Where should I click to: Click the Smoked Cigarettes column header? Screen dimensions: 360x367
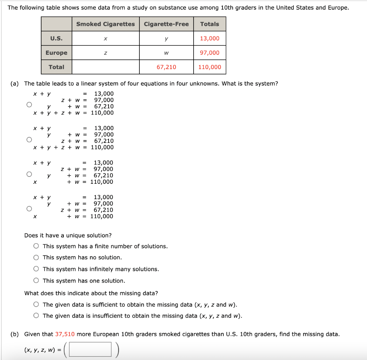pyautogui.click(x=105, y=24)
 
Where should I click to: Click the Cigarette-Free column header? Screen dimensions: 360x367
pyautogui.click(x=166, y=24)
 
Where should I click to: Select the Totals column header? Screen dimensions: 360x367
pyautogui.click(x=210, y=24)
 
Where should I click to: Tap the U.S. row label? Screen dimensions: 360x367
pyautogui.click(x=56, y=38)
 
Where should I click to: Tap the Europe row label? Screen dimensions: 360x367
pyautogui.click(x=56, y=53)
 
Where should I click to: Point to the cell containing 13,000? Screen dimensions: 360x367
pyautogui.click(x=210, y=38)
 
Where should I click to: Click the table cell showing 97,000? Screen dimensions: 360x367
pyautogui.click(x=210, y=53)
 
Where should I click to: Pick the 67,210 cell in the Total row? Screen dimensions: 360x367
pyautogui.click(x=166, y=67)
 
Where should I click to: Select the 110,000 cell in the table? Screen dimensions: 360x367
pyautogui.click(x=210, y=67)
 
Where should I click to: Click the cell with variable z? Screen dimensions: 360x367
pyautogui.click(x=105, y=53)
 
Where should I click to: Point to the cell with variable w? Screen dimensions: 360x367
pyautogui.click(x=166, y=53)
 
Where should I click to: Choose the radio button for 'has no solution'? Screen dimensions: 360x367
pyautogui.click(x=36, y=258)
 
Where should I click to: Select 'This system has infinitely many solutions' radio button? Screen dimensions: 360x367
pyautogui.click(x=36, y=269)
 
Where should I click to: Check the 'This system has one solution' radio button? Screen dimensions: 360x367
pyautogui.click(x=36, y=281)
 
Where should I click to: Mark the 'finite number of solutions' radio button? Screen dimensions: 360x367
pyautogui.click(x=36, y=246)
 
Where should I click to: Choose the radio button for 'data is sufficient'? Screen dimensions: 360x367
pyautogui.click(x=36, y=305)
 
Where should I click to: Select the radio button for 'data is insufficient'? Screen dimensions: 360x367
pyautogui.click(x=36, y=316)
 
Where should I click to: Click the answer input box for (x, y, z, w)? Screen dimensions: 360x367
pyautogui.click(x=90, y=350)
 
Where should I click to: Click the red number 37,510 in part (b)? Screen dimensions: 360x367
pyautogui.click(x=65, y=334)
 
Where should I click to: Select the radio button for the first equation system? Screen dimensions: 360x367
pyautogui.click(x=28, y=105)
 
